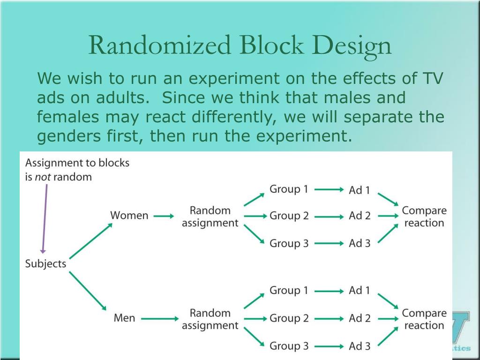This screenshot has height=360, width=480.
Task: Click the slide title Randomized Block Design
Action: click(240, 45)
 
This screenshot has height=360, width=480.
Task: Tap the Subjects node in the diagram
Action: click(45, 264)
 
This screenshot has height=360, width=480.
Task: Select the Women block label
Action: click(129, 216)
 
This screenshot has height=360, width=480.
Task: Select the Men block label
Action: click(124, 318)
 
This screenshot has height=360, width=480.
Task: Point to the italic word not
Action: click(42, 177)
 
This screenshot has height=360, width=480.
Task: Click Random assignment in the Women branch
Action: click(210, 217)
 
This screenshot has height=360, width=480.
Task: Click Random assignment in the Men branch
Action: click(210, 319)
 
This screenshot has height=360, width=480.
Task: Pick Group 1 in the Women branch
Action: click(289, 189)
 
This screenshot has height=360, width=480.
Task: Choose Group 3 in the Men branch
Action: click(289, 346)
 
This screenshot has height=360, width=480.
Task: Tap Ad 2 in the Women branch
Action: click(360, 216)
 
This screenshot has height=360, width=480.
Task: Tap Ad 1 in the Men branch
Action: click(360, 291)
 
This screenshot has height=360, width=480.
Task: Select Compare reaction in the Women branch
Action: click(424, 217)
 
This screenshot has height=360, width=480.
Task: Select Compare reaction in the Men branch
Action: click(424, 319)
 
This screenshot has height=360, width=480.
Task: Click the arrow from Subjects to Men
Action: click(88, 292)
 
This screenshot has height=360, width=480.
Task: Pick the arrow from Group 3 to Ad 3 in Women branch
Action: click(329, 244)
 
